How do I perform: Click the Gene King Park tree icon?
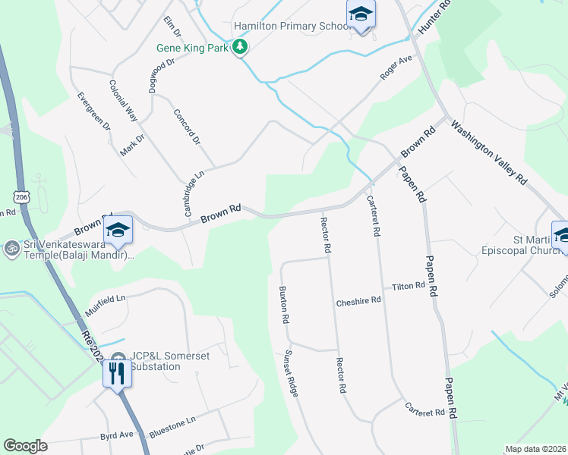[x=241, y=48]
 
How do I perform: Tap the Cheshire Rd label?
[x=358, y=301]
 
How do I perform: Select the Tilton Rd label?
[x=408, y=286]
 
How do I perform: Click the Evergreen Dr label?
[x=94, y=111]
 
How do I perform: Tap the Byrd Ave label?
[x=117, y=435]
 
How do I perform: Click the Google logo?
[x=25, y=446]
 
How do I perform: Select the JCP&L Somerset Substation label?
[x=154, y=362]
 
